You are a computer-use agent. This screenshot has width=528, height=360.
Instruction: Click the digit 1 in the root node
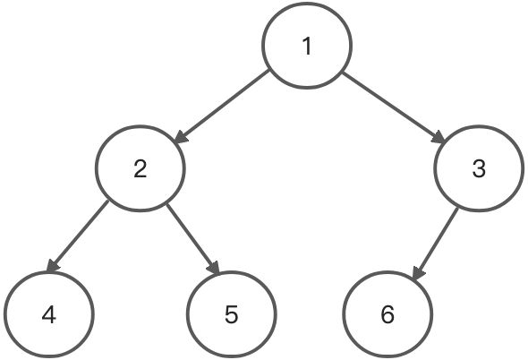coord(308,46)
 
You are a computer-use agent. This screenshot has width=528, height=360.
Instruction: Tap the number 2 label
coord(141,169)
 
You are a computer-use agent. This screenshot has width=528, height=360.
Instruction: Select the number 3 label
coord(479,169)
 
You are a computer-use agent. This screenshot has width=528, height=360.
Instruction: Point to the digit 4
coord(49,315)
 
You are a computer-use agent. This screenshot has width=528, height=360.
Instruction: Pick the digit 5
coord(232,315)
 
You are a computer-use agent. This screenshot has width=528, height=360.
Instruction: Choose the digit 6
coord(387,315)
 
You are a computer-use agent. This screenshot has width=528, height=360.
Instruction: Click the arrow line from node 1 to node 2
coord(221,107)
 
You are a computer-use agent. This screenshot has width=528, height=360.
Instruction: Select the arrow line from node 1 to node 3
coord(393,107)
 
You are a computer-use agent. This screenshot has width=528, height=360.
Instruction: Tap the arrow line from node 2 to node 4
coord(78,236)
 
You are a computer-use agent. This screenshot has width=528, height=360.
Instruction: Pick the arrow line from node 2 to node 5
coord(193,238)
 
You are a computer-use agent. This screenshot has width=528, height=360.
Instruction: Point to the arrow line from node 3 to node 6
coord(436,244)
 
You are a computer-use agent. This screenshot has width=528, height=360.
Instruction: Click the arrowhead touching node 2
coord(181,138)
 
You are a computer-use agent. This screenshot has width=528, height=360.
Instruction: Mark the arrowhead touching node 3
coord(439,138)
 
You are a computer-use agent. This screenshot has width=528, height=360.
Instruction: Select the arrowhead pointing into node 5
coord(215,268)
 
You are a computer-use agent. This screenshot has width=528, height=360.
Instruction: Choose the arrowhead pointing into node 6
coord(418,273)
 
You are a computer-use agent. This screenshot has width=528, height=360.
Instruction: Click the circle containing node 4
coord(49,271)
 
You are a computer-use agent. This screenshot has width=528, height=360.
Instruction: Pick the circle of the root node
coord(307,4)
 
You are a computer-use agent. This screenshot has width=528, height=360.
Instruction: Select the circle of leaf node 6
coord(387,271)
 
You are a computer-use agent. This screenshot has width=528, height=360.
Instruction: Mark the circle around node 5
coord(232,271)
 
